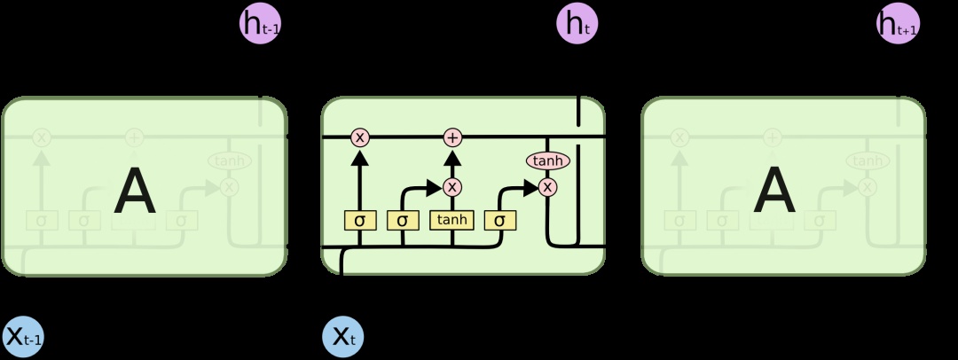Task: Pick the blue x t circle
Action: [x=342, y=336]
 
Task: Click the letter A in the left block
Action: [x=135, y=192]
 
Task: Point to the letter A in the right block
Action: [x=774, y=192]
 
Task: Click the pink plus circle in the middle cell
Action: [x=453, y=137]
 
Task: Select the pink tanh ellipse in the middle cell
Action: [x=547, y=160]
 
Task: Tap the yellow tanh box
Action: [x=452, y=219]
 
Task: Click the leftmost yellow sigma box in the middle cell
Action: [x=360, y=219]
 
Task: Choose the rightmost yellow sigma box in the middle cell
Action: [x=499, y=219]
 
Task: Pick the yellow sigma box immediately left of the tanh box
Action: [x=403, y=219]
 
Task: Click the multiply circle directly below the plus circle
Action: [x=453, y=187]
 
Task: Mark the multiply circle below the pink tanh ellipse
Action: [x=547, y=187]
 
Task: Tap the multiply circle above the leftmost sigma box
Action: [x=360, y=137]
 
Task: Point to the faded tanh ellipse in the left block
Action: [x=230, y=160]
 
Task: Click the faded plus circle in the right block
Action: [x=773, y=137]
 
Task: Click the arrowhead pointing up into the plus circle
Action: [x=453, y=156]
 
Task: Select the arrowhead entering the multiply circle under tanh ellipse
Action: [x=531, y=187]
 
